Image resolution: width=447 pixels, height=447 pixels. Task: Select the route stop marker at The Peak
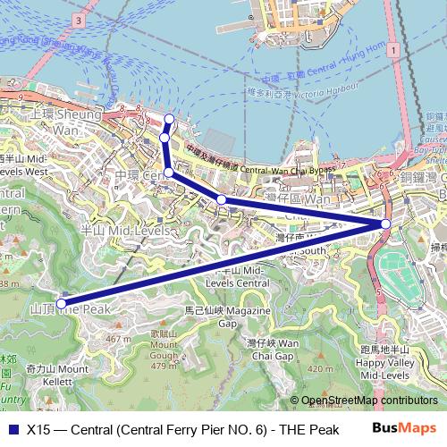tap(62, 302)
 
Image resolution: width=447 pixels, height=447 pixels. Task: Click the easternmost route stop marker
tap(385, 223)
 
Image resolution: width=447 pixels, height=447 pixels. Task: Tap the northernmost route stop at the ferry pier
tap(171, 119)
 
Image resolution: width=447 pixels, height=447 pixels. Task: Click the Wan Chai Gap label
tap(272, 349)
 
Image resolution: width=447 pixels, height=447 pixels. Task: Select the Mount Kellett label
tap(55, 374)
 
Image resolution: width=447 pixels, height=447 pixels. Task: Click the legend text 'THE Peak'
tap(305, 427)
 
